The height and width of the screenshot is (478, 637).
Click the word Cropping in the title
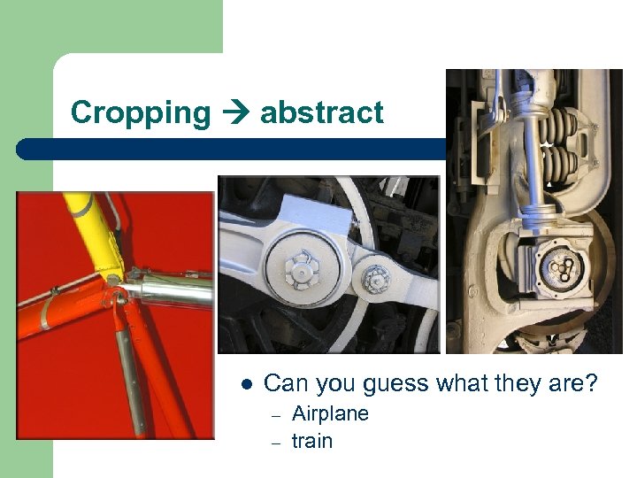[141, 113]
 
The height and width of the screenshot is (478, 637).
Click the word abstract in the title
[322, 112]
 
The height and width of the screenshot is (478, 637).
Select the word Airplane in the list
[330, 413]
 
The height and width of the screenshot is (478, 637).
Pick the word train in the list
[312, 440]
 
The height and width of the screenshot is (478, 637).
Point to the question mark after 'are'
[592, 383]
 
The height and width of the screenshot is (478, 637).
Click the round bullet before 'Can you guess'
[247, 385]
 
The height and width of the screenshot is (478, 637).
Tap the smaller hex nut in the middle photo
[376, 281]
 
